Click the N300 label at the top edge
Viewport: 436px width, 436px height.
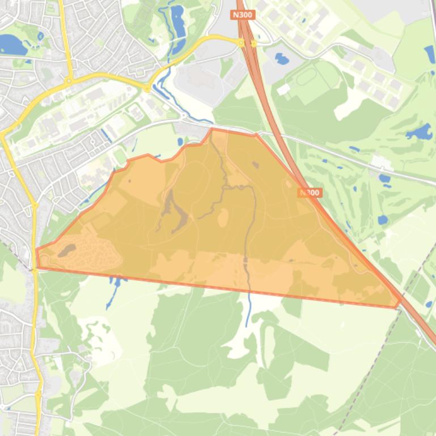click(242, 15)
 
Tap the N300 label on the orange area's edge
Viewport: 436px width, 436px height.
click(310, 193)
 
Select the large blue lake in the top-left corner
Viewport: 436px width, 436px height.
click(13, 44)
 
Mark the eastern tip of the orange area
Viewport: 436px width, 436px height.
click(399, 306)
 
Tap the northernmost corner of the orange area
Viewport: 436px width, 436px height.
click(213, 129)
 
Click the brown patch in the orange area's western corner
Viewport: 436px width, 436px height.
click(66, 250)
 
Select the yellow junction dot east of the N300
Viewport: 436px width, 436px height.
click(253, 42)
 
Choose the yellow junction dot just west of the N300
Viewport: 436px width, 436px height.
click(241, 42)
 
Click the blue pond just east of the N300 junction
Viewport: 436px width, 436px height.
click(281, 58)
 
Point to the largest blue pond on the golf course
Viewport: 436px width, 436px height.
click(420, 133)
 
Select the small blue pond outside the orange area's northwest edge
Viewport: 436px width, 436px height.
click(180, 141)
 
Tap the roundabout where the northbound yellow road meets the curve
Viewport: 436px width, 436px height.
click(70, 80)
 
